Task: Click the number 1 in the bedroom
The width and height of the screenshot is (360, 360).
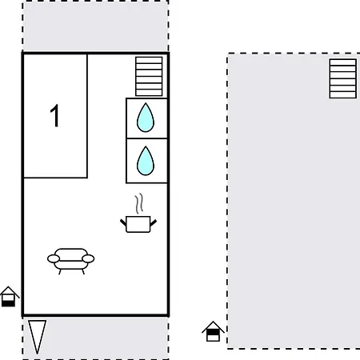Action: click(x=55, y=116)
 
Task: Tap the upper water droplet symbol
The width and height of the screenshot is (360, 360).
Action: click(x=146, y=118)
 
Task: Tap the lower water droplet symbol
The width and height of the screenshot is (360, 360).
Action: click(x=146, y=161)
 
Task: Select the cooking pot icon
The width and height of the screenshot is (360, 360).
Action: click(x=138, y=224)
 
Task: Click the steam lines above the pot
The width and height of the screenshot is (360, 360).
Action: click(x=138, y=204)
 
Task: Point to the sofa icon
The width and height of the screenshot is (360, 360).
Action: click(x=71, y=262)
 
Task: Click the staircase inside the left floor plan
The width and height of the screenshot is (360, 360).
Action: click(x=149, y=76)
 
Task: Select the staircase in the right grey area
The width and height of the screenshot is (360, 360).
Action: click(x=343, y=78)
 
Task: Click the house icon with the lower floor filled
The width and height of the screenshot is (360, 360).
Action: click(x=9, y=297)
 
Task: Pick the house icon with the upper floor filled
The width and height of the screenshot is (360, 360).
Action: click(x=213, y=331)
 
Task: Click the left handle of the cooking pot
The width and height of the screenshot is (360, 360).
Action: click(x=123, y=223)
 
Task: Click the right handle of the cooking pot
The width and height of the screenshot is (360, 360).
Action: click(x=154, y=223)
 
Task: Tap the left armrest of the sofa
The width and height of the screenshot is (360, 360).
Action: click(x=54, y=258)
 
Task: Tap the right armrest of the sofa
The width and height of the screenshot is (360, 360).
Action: click(x=88, y=258)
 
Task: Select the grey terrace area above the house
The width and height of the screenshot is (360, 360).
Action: click(x=95, y=26)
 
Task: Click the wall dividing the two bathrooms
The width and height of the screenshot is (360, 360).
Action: click(x=146, y=138)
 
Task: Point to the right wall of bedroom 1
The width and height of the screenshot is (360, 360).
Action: click(x=87, y=116)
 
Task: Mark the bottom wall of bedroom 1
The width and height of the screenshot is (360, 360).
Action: click(x=55, y=178)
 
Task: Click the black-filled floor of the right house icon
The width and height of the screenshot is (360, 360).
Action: click(x=213, y=332)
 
